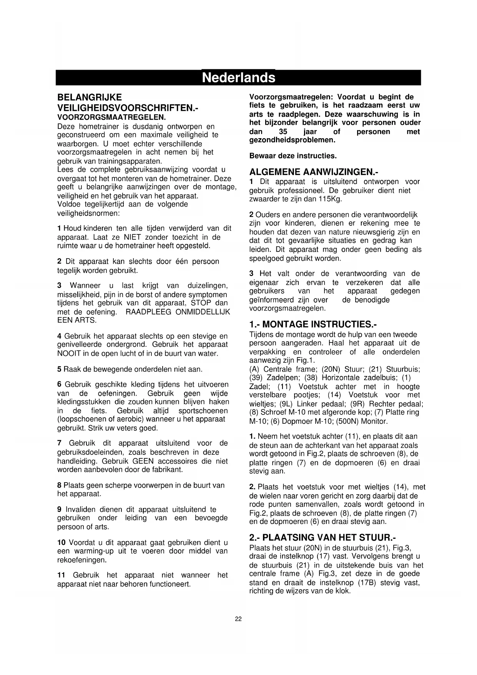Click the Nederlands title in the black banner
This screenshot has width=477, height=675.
click(x=238, y=78)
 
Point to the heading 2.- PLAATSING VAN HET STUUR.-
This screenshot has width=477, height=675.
click(x=322, y=537)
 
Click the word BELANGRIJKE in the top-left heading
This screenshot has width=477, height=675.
click(x=89, y=97)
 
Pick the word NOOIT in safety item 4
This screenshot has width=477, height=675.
click(x=69, y=353)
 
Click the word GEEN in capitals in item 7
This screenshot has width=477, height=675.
click(x=143, y=461)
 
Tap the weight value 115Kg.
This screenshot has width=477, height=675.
click(x=330, y=199)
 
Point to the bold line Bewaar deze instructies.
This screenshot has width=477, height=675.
click(x=293, y=156)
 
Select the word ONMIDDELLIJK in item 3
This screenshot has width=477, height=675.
click(x=203, y=312)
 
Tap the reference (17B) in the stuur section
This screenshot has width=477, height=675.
click(x=366, y=582)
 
